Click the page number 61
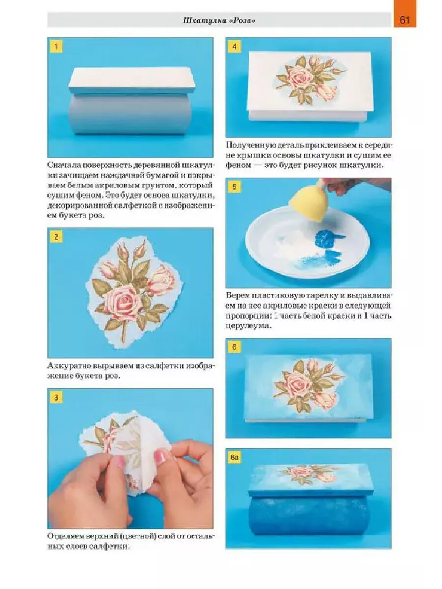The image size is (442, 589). [404, 20]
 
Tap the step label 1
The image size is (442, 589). [56, 46]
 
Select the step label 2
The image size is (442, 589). [56, 237]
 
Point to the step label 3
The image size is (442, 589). [56, 397]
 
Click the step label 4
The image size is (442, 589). [234, 46]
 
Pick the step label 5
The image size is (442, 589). [234, 187]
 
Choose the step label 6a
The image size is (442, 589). [235, 457]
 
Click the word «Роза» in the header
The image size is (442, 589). [243, 21]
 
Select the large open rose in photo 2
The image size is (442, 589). [122, 300]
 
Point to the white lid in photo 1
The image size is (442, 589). [132, 80]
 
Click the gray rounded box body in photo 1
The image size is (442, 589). [132, 114]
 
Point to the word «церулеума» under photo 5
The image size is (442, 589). [247, 326]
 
